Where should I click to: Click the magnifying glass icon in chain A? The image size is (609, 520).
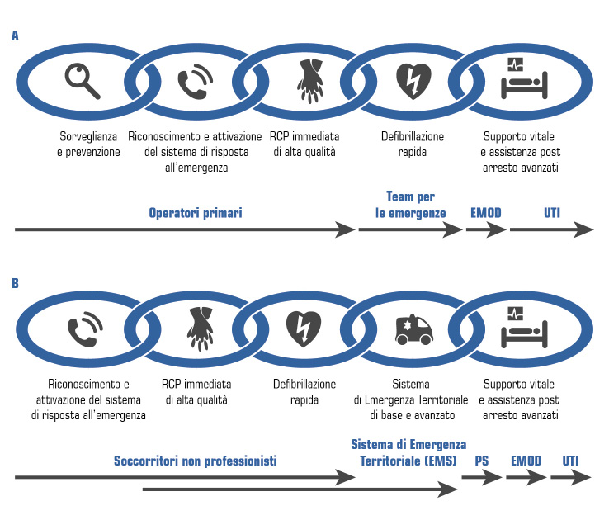82,81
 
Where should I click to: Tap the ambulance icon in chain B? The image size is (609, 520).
413,330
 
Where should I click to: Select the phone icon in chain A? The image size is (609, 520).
195,81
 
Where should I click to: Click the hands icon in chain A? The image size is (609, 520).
307,81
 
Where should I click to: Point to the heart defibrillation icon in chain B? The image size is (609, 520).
303,330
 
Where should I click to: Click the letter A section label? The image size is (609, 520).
15,36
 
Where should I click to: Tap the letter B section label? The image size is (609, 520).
15,283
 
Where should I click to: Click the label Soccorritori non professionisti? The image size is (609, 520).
195,460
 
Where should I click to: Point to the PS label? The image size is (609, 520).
482,460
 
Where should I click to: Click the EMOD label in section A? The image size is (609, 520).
485,214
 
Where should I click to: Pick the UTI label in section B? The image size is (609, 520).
571,460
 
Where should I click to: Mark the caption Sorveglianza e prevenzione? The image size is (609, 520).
88,144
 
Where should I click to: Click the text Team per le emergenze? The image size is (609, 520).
410,205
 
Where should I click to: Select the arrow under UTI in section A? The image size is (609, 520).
551,231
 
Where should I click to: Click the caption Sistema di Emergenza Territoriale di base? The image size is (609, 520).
410,400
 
